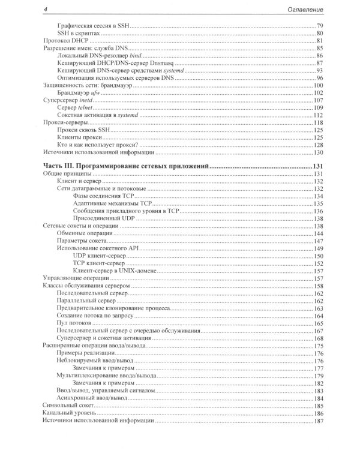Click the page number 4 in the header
(x=38, y=10)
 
